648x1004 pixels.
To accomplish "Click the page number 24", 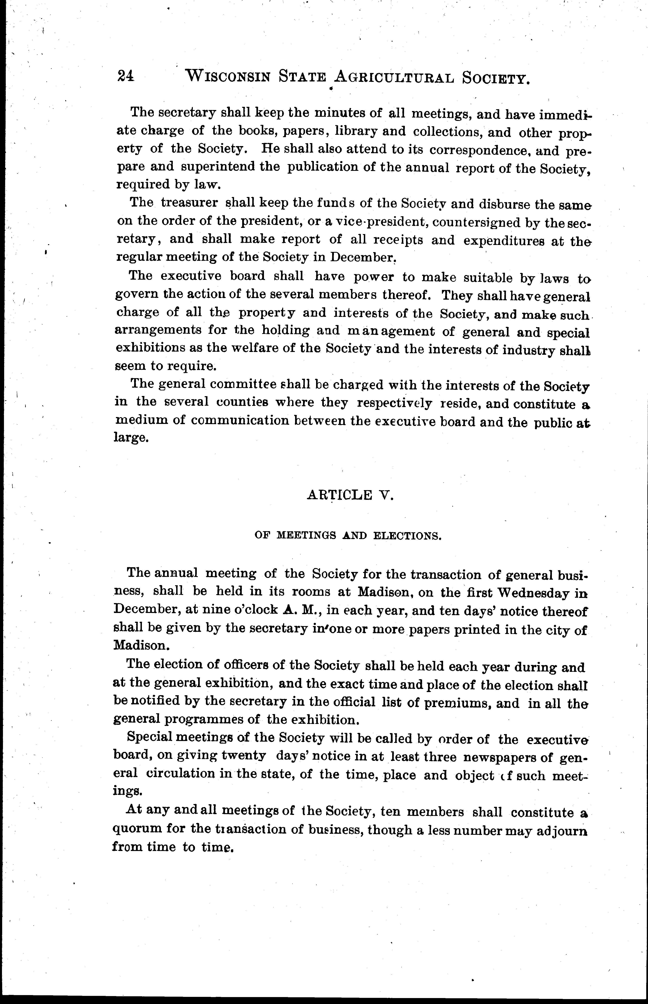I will [x=125, y=76].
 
